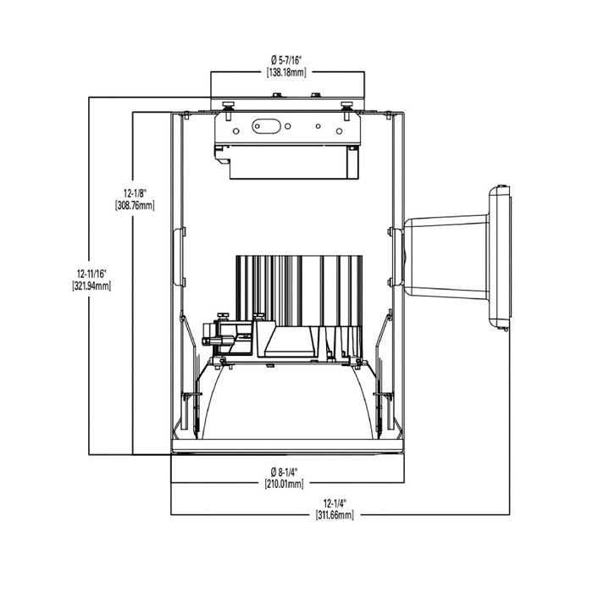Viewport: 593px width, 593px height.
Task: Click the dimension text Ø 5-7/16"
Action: [x=288, y=59]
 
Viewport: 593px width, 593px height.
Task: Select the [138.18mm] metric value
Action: [x=288, y=72]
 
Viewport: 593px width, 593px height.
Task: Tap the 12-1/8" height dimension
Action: [x=136, y=193]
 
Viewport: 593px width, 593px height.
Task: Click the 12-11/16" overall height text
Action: [x=91, y=274]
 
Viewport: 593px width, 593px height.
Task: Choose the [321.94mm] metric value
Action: [x=91, y=286]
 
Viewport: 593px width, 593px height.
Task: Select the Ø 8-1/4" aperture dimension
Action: [x=288, y=472]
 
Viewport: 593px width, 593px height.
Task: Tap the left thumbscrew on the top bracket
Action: [x=228, y=106]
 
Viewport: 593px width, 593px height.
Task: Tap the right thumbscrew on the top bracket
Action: [x=346, y=106]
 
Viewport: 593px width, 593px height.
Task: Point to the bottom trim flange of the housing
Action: [x=288, y=446]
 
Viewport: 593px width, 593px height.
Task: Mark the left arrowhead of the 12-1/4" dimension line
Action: [x=174, y=513]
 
